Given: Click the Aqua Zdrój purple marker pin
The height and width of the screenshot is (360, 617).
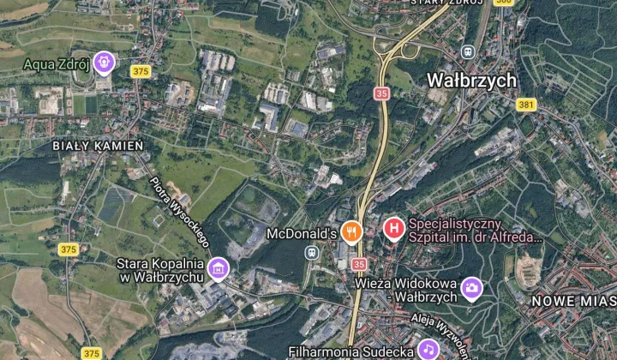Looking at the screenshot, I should tap(105, 62).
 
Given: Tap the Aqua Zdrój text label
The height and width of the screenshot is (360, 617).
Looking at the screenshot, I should tap(57, 63).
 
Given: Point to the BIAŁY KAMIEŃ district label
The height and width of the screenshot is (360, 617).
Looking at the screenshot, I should tap(98, 147).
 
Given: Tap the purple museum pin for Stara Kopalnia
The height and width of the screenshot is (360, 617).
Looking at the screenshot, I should tap(219, 268).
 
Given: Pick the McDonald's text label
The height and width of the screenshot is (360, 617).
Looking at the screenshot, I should tap(303, 233).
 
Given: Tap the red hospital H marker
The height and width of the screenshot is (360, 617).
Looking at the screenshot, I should tap(393, 228).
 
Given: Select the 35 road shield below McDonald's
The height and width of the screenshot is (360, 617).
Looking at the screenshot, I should tap(358, 264).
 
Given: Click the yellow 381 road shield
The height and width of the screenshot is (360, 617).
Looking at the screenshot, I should tap(526, 105).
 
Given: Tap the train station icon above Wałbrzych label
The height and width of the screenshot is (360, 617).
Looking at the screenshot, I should tap(469, 52).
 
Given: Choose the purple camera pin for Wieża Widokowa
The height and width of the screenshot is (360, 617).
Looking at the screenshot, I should tap(471, 288).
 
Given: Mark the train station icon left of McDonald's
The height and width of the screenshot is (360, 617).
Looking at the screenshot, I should tap(313, 253).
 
